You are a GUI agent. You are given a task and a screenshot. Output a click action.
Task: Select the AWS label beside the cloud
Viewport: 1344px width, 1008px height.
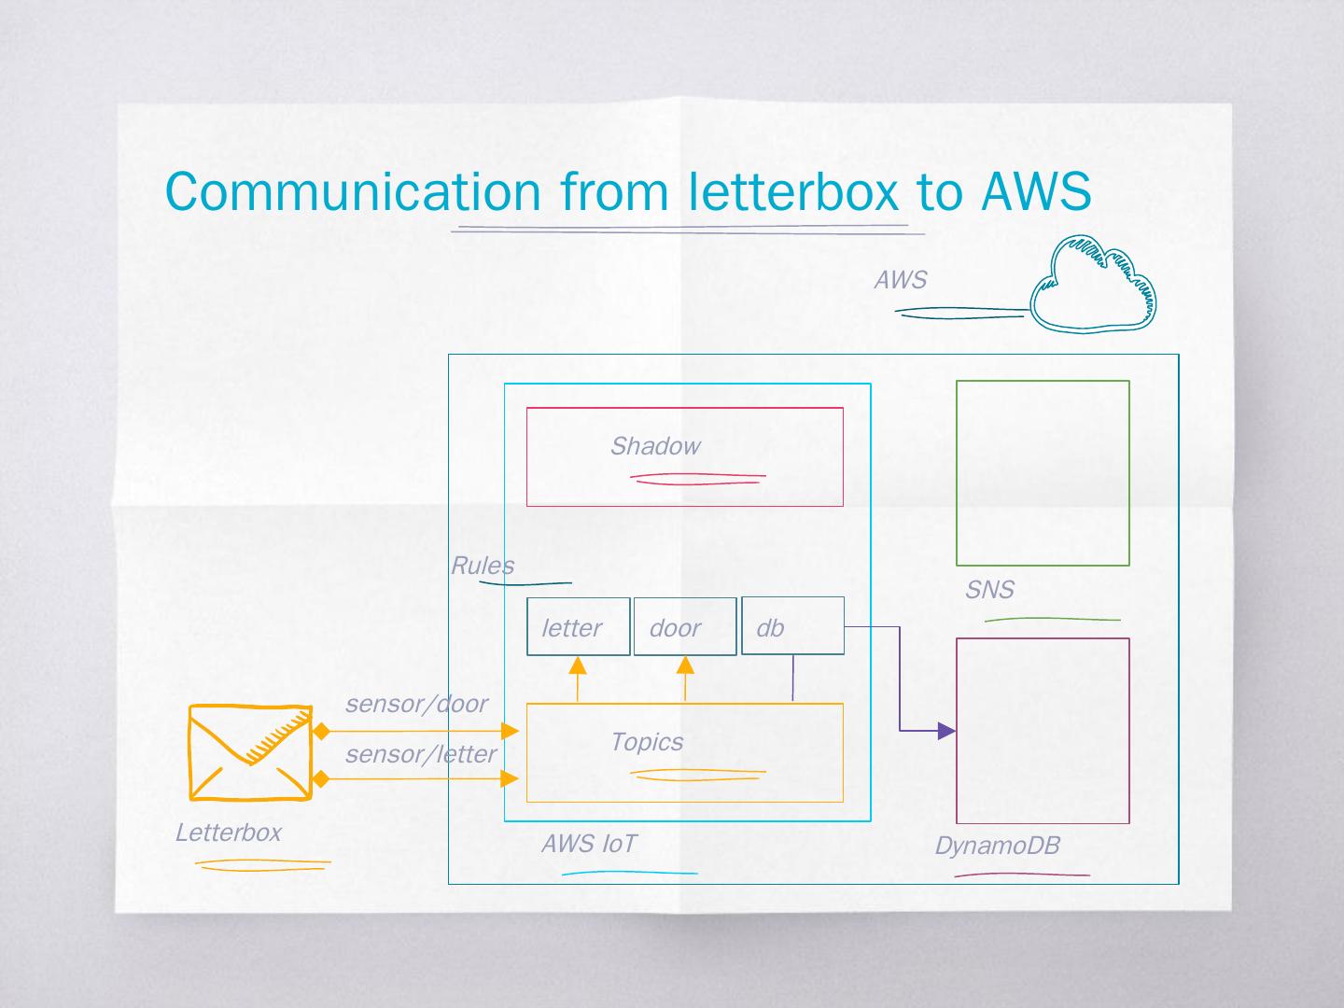click(900, 280)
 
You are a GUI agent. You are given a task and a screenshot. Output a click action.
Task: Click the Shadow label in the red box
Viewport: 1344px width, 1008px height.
click(654, 446)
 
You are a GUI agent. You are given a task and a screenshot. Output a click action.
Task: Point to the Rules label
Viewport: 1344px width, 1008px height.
click(482, 566)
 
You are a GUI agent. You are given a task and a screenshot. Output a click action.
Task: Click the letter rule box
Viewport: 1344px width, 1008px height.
click(578, 626)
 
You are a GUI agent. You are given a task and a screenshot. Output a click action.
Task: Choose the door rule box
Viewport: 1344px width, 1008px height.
click(684, 626)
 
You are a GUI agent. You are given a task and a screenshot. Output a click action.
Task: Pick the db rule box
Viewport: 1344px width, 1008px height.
click(791, 626)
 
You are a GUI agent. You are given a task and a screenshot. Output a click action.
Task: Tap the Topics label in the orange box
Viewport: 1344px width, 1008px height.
click(646, 742)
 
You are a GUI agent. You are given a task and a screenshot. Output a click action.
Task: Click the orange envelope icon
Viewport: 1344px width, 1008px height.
click(250, 752)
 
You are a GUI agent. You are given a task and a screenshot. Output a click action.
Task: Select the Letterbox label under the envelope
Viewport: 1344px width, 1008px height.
click(228, 833)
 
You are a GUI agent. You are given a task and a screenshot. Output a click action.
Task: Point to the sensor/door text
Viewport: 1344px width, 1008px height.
click(416, 704)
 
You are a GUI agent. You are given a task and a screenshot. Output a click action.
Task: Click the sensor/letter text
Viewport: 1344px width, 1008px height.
click(420, 754)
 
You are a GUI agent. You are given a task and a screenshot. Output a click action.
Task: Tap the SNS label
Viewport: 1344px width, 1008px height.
click(989, 590)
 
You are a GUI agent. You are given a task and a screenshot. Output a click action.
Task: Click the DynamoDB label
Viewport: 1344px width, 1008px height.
click(997, 846)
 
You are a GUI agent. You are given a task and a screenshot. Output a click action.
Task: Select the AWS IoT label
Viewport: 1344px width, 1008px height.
click(588, 844)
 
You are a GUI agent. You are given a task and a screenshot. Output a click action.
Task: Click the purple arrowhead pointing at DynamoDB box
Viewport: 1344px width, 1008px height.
click(946, 731)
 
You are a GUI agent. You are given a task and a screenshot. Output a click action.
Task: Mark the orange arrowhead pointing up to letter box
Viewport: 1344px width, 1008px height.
click(578, 665)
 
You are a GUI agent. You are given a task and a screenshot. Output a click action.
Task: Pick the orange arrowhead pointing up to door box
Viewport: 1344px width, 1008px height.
click(685, 665)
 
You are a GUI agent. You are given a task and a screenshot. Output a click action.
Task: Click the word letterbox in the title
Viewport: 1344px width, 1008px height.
click(793, 191)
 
